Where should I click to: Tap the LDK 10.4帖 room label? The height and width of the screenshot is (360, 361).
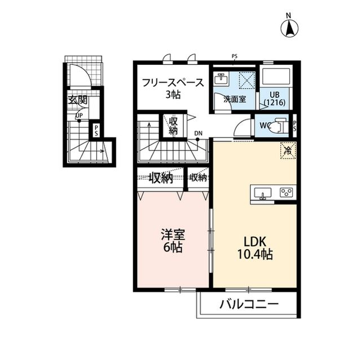(x=255, y=248)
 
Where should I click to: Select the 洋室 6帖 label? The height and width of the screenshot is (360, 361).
(x=173, y=241)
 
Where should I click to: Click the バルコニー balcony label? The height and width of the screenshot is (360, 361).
(x=249, y=305)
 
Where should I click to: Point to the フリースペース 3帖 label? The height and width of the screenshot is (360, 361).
(x=173, y=88)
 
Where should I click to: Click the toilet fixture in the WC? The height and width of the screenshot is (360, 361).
(x=279, y=126)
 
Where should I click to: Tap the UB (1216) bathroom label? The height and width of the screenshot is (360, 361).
(x=275, y=99)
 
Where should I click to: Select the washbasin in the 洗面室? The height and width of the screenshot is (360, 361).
(x=221, y=79)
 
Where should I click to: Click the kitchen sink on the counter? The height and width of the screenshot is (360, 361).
(x=262, y=193)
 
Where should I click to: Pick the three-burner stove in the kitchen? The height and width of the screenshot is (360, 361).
(x=286, y=193)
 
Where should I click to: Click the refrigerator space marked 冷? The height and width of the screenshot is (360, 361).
(x=288, y=150)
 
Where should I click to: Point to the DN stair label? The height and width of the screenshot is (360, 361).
(x=198, y=134)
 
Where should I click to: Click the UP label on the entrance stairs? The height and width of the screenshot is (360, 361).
(x=79, y=115)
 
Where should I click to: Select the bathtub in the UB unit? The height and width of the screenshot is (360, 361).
(x=276, y=77)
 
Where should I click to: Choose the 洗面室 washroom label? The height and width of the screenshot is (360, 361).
(x=235, y=99)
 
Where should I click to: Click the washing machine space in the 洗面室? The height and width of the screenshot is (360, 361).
(x=246, y=80)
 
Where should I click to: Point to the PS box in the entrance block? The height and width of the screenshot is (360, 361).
(x=96, y=130)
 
